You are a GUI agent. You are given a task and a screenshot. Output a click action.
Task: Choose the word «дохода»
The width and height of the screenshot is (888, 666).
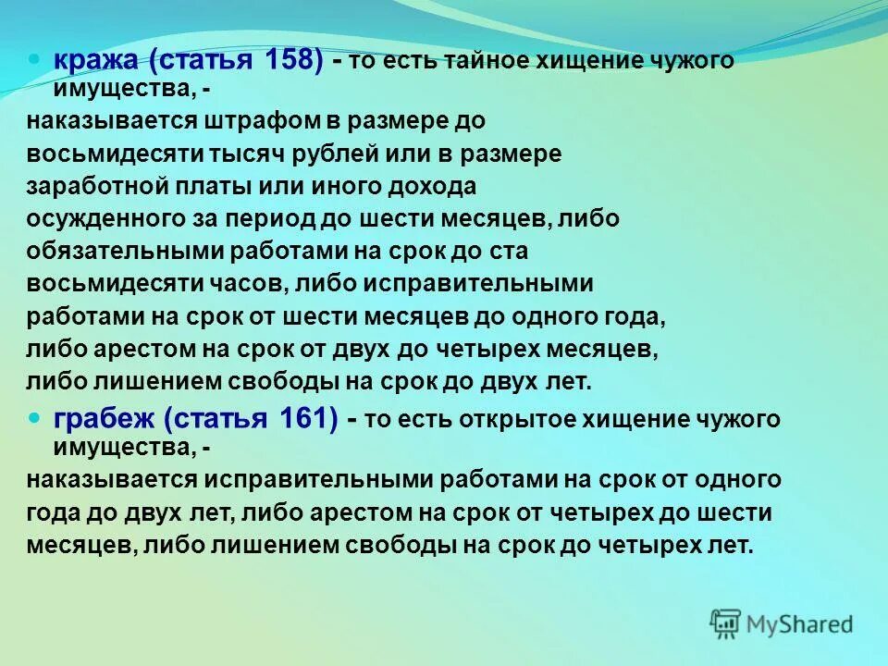[431, 186]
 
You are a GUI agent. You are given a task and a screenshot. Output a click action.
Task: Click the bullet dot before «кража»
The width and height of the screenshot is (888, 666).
[35, 56]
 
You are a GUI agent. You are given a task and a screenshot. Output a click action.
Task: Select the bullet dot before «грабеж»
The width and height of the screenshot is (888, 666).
[35, 414]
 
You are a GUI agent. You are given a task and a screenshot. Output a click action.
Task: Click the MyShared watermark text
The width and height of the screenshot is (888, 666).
[800, 624]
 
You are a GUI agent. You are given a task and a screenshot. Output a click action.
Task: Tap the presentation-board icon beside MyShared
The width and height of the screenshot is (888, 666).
[726, 623]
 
